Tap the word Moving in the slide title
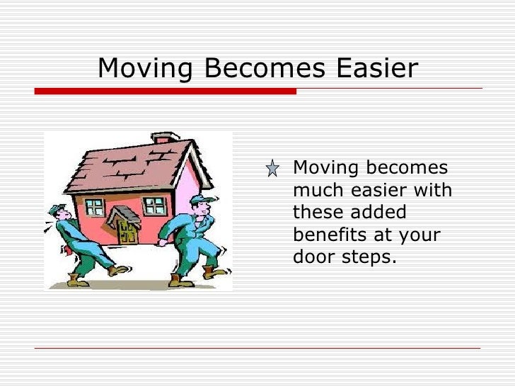pos(145,69)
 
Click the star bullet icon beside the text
pos(272,169)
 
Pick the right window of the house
pos(154,206)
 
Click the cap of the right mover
pos(199,200)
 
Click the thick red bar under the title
pos(166,91)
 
